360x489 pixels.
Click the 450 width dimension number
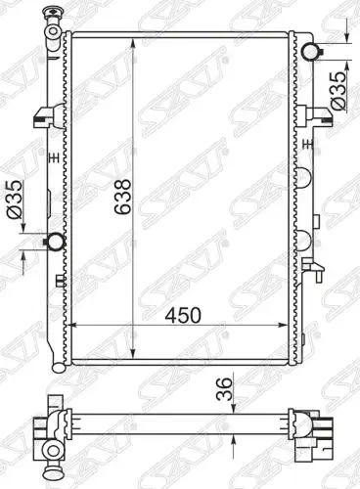(183, 316)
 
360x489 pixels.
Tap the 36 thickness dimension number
(224, 389)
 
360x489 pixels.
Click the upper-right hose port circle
(309, 52)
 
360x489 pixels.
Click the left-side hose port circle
(56, 242)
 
